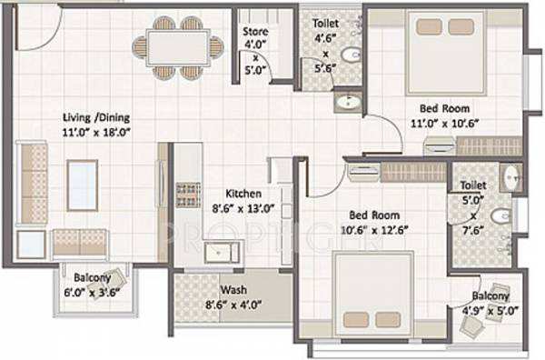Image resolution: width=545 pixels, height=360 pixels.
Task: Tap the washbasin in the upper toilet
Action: click(346, 103)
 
